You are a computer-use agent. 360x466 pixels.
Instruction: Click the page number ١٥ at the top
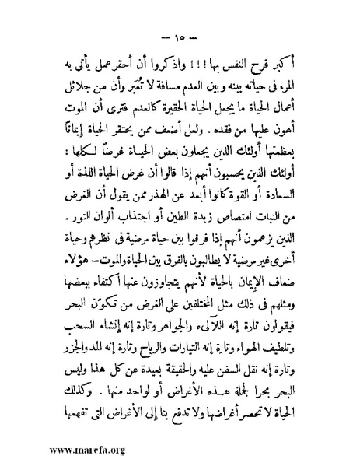pyautogui.click(x=179, y=36)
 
